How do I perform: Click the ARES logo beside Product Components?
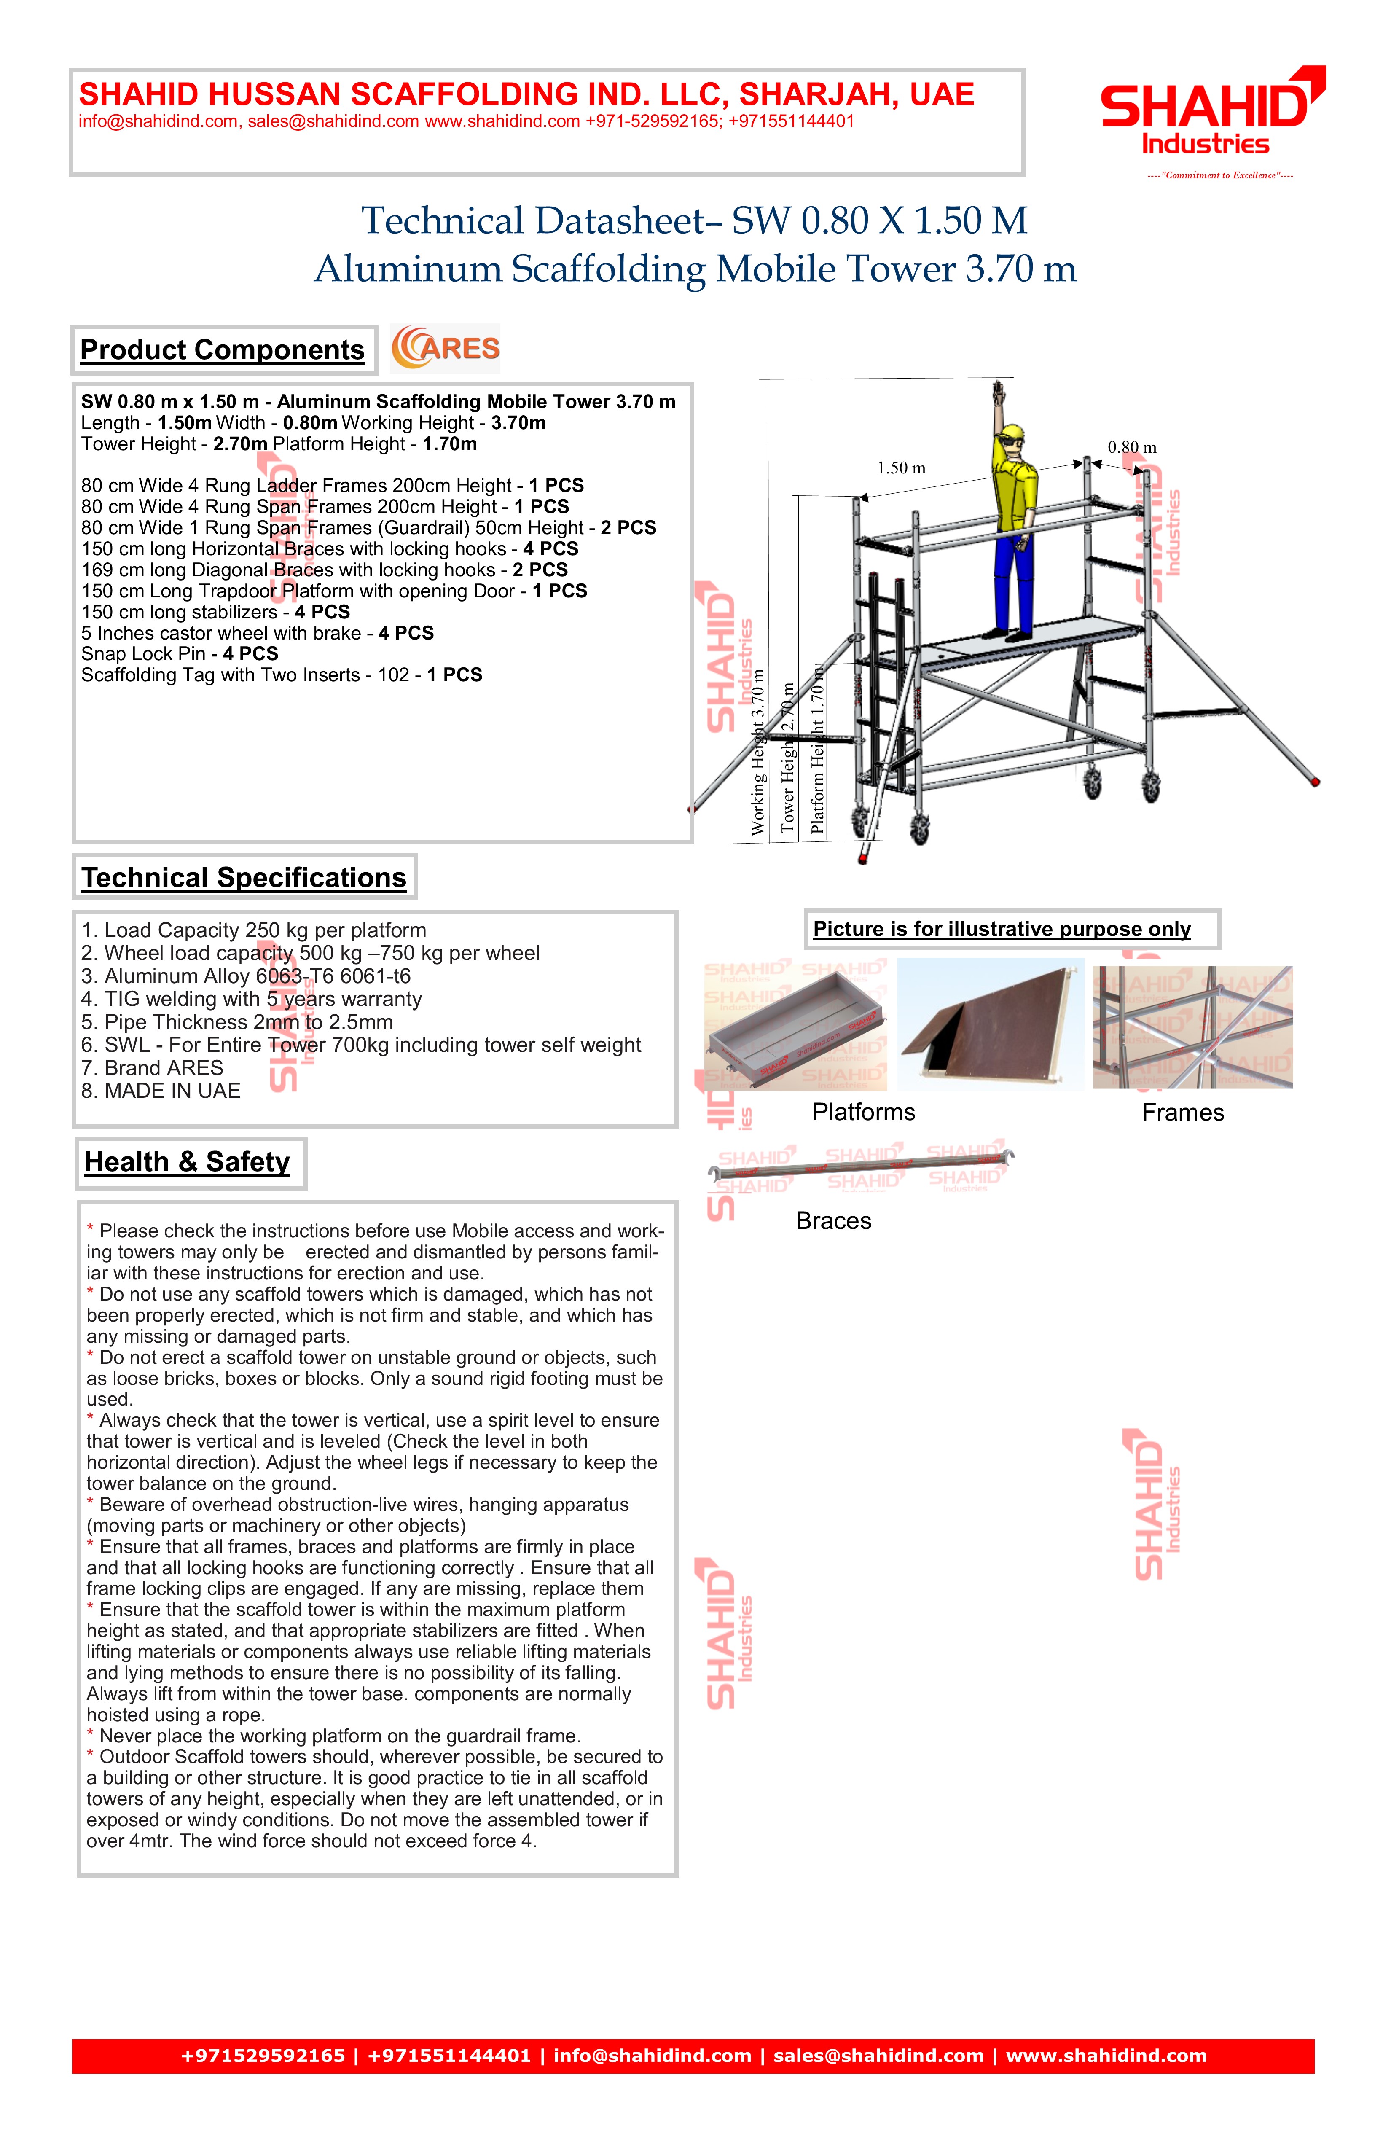pos(445,349)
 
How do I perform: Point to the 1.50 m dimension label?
pos(900,468)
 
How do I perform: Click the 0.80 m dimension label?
pos(1132,447)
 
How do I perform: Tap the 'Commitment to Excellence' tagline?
pos(1219,175)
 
